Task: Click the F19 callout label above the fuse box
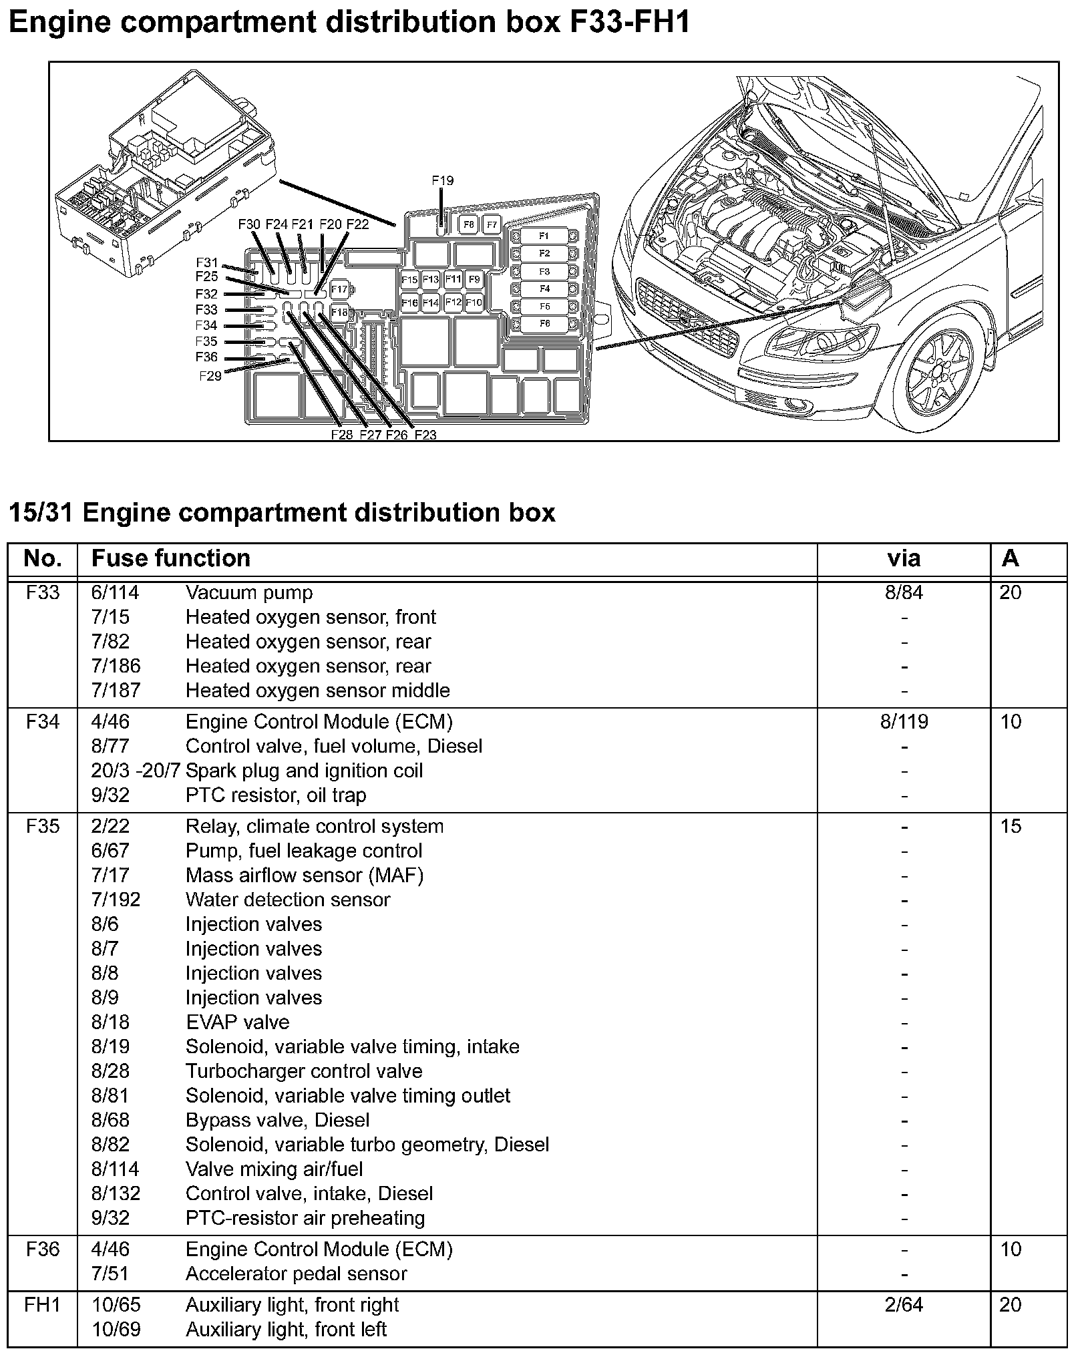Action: click(x=442, y=181)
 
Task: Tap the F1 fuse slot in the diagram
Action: click(x=544, y=236)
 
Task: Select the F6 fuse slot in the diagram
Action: click(x=544, y=324)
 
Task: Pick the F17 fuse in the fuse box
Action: click(x=339, y=290)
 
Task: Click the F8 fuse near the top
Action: click(x=469, y=225)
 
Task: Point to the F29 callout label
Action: click(x=210, y=376)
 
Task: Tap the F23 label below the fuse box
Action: click(x=425, y=435)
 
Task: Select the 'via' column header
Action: click(x=904, y=558)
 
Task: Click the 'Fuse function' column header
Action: click(x=171, y=558)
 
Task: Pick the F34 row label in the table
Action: click(x=42, y=722)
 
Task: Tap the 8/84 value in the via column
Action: click(x=904, y=593)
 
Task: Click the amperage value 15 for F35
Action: click(x=1011, y=827)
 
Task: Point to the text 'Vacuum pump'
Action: click(x=249, y=593)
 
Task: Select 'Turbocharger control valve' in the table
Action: click(x=304, y=1071)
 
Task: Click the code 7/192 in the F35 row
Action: click(x=116, y=900)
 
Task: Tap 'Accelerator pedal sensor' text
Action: click(x=296, y=1274)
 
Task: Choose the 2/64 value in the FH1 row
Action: click(x=904, y=1305)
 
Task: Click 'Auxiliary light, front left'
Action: click(x=286, y=1330)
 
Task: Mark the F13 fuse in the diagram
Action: click(x=431, y=280)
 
